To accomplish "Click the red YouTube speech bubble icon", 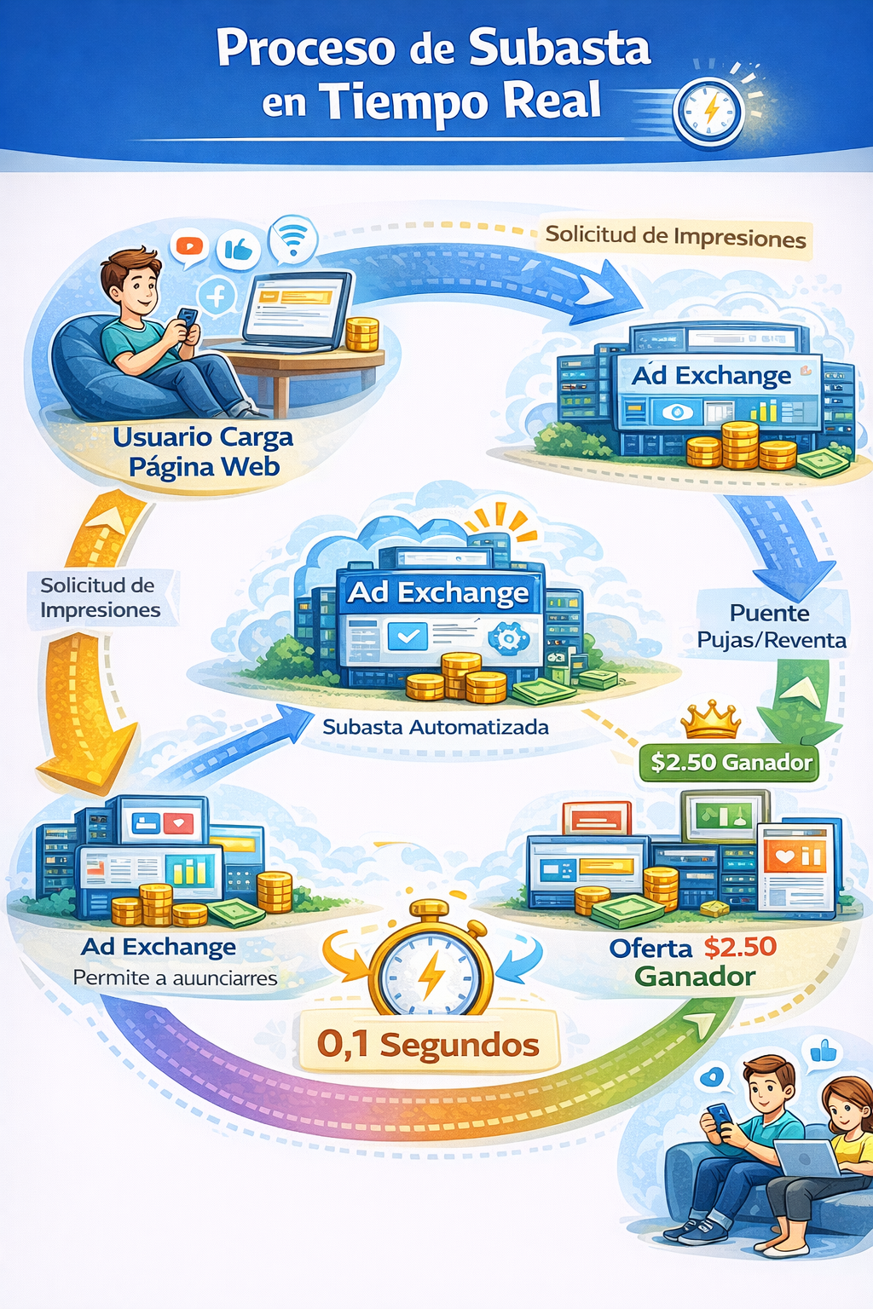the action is click(189, 247).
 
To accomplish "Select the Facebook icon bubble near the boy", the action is click(217, 297).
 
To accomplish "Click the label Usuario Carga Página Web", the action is click(203, 451).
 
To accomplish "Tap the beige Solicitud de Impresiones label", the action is click(675, 237).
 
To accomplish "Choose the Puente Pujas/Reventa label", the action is click(772, 626).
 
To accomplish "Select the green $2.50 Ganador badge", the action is click(731, 762).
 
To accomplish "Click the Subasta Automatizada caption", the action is click(436, 727).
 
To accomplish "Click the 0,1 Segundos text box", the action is click(427, 1043).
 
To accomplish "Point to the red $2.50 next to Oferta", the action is click(740, 947).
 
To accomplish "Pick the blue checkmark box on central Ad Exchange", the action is click(408, 635).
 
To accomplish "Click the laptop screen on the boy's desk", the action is click(295, 307).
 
